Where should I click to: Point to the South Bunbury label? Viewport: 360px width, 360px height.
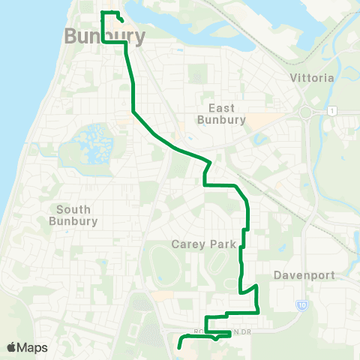(73, 215)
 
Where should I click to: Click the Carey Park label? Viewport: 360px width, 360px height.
(203, 244)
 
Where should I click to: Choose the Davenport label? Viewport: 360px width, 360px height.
(304, 275)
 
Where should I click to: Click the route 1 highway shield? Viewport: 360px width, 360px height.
(331, 111)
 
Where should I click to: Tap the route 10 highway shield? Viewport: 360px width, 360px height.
(301, 304)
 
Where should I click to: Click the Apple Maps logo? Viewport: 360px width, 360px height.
(28, 347)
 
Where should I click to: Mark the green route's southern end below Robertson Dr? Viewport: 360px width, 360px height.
(179, 346)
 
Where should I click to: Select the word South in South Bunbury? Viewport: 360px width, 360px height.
(73, 209)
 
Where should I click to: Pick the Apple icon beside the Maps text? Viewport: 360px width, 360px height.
(11, 347)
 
